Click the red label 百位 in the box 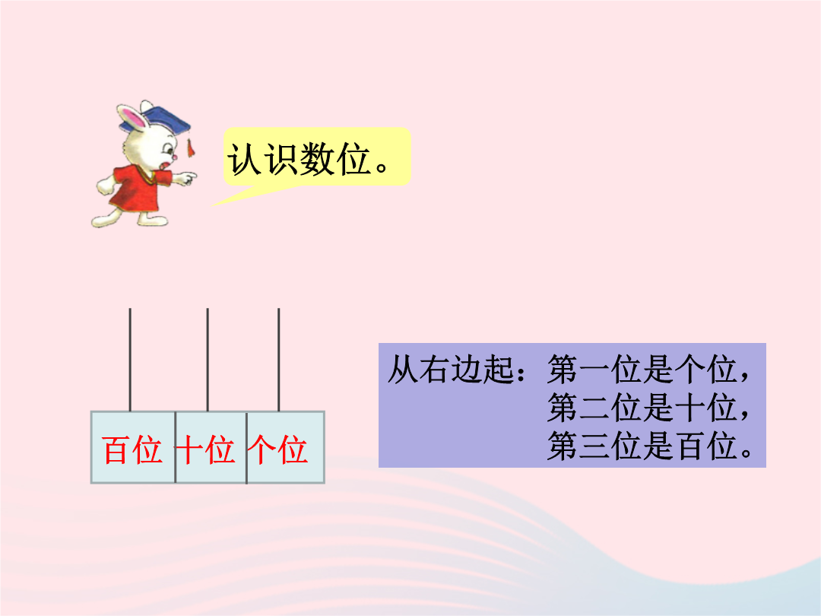(132, 450)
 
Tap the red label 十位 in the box (205, 450)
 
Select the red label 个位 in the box (277, 450)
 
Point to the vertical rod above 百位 (130, 360)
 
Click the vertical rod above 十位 (208, 360)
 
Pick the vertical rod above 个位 (278, 360)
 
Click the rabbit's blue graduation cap (157, 120)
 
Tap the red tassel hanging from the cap (191, 148)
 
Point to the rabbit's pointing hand (186, 178)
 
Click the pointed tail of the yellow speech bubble (211, 205)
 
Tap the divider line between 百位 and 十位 (176, 447)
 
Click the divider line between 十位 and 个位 (246, 448)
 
